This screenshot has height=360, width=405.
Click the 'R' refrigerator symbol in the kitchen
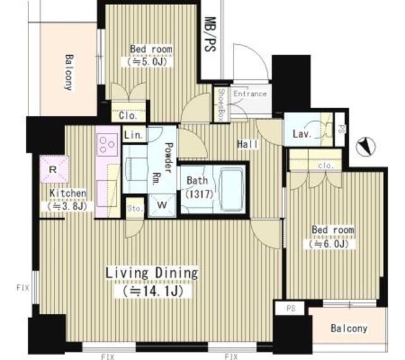(x=53, y=169)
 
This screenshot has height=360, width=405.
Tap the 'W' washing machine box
(x=161, y=204)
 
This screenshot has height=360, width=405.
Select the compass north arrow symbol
(x=366, y=147)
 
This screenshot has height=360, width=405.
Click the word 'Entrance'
(x=250, y=94)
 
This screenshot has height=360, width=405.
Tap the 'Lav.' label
(x=301, y=134)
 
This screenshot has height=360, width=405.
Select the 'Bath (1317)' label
(x=197, y=187)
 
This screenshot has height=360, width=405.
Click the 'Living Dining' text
(x=151, y=273)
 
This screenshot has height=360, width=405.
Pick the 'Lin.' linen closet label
(x=133, y=135)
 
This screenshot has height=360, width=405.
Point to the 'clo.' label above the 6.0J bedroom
(x=326, y=165)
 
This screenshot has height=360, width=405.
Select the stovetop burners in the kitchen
(x=108, y=146)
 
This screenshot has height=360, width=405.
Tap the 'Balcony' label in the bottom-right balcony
(x=349, y=328)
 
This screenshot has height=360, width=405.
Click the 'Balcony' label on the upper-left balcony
(x=68, y=73)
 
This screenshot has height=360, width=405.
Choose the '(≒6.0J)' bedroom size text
(x=331, y=244)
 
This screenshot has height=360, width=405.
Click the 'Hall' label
(x=247, y=145)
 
